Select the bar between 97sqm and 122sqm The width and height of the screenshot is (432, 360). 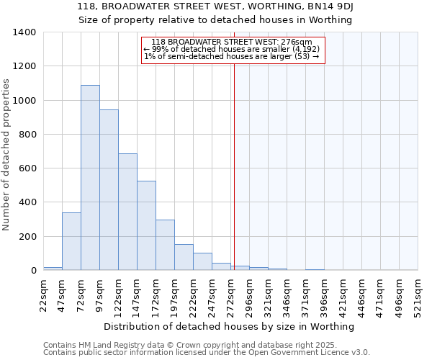[109, 190]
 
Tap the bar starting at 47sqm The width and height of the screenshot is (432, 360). [71, 241]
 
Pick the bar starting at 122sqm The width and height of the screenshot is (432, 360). [127, 212]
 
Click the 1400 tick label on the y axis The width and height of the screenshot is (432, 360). [24, 32]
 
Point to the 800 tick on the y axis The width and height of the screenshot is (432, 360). [27, 135]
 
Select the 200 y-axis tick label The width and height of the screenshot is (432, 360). [27, 237]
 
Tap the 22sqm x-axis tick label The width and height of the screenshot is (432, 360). [43, 296]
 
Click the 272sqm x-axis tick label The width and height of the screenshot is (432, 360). [230, 296]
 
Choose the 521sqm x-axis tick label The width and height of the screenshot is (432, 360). [418, 296]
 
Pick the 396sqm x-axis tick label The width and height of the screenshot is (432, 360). [324, 296]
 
